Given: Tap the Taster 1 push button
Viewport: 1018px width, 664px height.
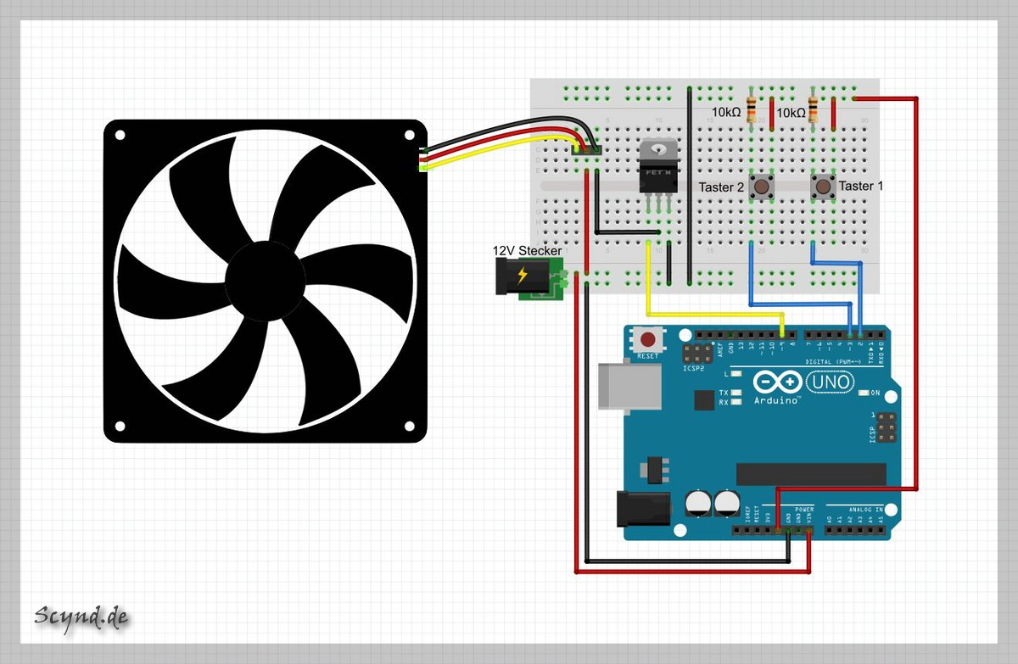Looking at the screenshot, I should point(822,185).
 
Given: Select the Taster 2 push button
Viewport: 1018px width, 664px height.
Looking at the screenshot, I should point(762,186).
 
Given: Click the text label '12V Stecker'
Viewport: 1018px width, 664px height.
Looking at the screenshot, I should point(527,251).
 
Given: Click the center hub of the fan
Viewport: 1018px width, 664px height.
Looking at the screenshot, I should point(265,281).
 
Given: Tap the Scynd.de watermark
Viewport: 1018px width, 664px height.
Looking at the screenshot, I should point(81,617).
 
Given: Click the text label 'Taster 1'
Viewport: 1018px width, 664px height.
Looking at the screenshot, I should point(861,186).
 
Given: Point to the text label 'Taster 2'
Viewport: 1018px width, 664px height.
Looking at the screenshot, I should point(721,187).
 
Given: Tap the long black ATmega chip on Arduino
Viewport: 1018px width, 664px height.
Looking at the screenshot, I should point(810,474).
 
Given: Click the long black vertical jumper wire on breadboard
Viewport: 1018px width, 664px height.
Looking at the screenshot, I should point(689,182).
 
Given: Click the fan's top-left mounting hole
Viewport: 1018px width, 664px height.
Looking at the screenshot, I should point(120,136).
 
